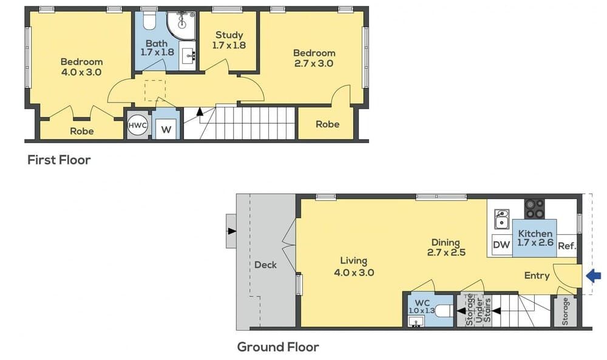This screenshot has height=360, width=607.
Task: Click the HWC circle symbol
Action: [x=137, y=125]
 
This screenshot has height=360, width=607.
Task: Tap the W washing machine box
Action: [x=165, y=129]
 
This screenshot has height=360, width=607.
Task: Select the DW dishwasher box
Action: [x=501, y=245]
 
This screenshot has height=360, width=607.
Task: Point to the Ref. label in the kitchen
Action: [x=566, y=246]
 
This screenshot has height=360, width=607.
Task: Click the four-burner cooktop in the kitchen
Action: [x=534, y=208]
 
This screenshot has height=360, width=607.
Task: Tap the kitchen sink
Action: [x=502, y=219]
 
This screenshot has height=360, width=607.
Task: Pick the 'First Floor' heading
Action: [x=59, y=160]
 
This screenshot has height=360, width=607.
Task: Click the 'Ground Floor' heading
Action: [x=277, y=347]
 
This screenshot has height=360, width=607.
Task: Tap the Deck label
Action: [x=265, y=265]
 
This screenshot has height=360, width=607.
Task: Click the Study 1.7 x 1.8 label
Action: [x=229, y=40]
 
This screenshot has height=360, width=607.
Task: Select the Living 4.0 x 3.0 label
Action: [x=353, y=267]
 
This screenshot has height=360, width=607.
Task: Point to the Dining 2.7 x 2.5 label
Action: [x=446, y=247]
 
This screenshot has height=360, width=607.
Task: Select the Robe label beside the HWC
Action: [x=81, y=131]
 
